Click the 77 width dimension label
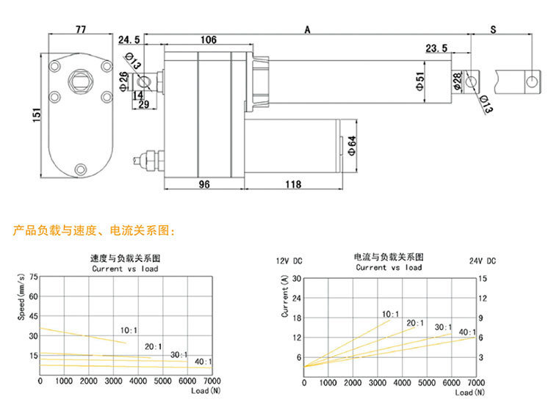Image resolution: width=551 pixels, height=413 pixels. tap(81, 29)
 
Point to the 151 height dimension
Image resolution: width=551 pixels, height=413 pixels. tap(37, 115)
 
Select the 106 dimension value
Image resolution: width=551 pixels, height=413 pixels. tap(209, 40)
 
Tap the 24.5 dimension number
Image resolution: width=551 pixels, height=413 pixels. tap(129, 40)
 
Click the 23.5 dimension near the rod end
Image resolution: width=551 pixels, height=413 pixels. tap(437, 48)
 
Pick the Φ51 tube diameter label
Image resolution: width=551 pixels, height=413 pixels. tap(420, 81)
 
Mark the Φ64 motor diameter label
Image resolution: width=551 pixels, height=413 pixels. tap(352, 145)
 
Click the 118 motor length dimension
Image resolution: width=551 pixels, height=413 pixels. tap(293, 184)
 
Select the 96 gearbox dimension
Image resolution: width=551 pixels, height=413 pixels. tap(204, 184)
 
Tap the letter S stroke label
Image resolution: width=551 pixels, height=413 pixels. tap(494, 29)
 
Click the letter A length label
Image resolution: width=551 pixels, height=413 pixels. tap(308, 29)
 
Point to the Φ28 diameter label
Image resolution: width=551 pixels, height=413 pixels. tap(457, 81)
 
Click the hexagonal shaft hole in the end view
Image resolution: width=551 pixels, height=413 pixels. tap(81, 81)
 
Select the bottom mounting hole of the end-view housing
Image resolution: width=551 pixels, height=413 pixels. tap(81, 169)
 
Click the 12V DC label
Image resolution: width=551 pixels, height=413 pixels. tap(289, 261)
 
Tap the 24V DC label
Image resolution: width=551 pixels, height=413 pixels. tap(483, 261)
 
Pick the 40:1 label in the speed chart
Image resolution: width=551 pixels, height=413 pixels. tap(204, 362)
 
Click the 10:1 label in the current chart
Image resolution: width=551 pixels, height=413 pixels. tap(390, 314)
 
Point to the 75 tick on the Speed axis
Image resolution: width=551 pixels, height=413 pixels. tap(33, 277)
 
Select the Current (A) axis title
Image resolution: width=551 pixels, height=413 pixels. tap(284, 296)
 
